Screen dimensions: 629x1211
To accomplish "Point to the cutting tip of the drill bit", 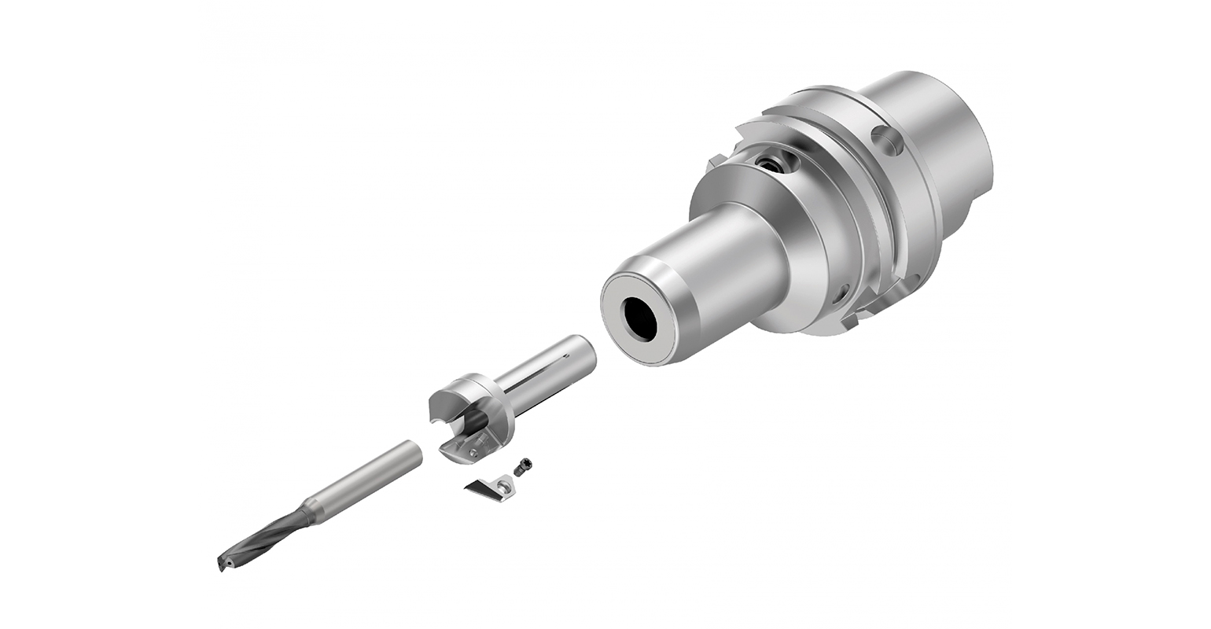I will (223, 563).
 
